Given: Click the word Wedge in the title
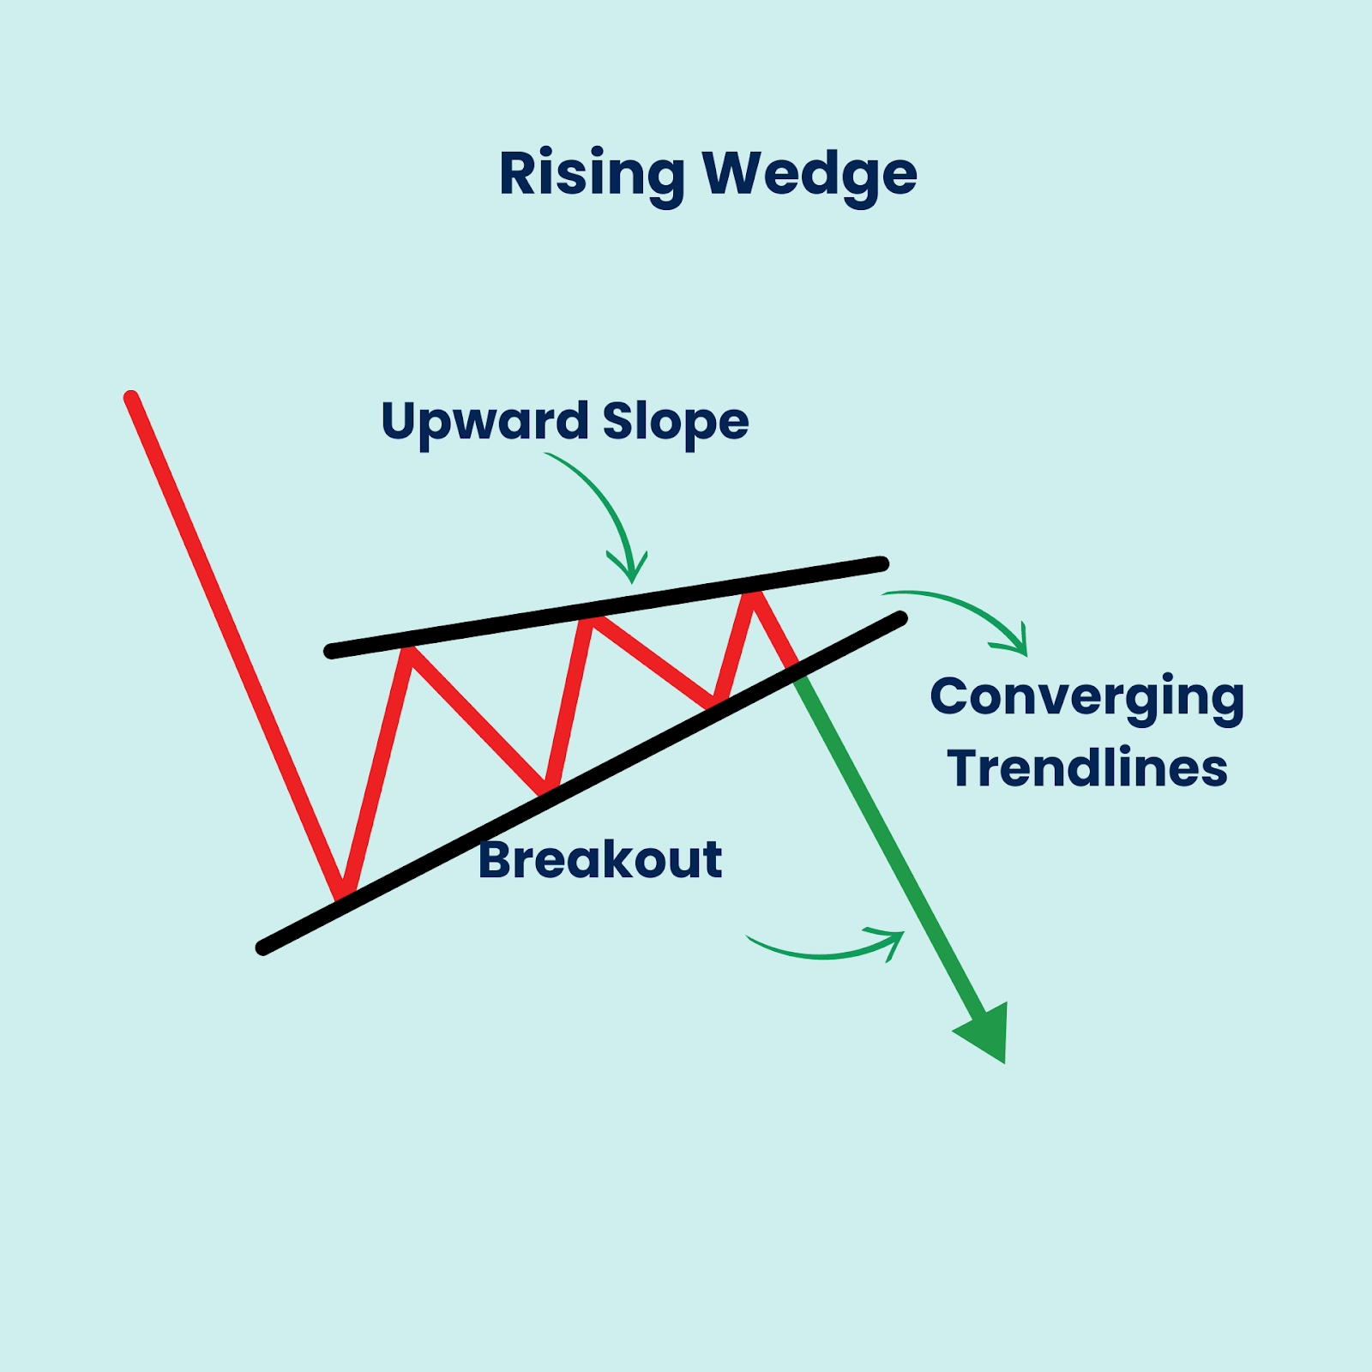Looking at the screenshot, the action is [810, 175].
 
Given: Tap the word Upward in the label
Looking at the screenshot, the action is [484, 423].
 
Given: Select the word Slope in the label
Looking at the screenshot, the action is [676, 423].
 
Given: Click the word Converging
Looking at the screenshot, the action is [1087, 699].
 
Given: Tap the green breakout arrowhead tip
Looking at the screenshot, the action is [1003, 1063].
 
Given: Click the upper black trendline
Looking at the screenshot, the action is [606, 607].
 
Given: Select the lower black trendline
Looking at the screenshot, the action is [581, 783].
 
